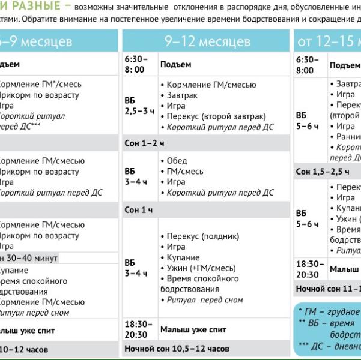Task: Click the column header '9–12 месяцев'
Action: [207, 41]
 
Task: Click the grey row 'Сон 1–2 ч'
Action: [144, 143]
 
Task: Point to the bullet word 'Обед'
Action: [177, 161]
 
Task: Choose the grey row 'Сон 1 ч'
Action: [139, 210]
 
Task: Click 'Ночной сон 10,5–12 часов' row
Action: [177, 349]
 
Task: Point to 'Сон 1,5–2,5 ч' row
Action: [323, 172]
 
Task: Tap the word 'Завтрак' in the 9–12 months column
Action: [182, 95]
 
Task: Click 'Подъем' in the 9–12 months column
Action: [175, 64]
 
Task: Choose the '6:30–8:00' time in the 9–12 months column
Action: [136, 64]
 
